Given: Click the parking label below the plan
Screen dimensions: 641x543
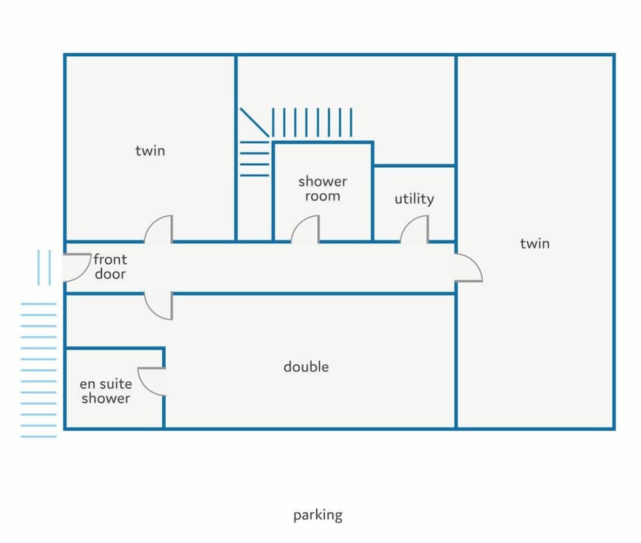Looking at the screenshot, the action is [x=318, y=515].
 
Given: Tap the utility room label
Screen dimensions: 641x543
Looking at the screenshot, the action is [x=414, y=199].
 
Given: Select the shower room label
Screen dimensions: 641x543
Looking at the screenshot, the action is [x=323, y=189].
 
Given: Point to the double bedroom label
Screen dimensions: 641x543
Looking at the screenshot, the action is [x=306, y=366].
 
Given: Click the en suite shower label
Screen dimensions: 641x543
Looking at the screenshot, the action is [x=106, y=391].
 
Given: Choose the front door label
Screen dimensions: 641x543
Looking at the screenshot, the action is [x=110, y=267].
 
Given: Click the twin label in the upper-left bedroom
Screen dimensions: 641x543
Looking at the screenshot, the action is [x=150, y=150].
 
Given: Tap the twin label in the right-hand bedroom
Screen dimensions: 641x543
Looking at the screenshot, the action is [x=535, y=243].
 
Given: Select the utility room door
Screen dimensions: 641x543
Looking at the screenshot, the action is [x=414, y=229].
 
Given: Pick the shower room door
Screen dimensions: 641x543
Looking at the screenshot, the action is [x=305, y=229].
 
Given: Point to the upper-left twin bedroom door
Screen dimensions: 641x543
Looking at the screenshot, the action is [x=158, y=229].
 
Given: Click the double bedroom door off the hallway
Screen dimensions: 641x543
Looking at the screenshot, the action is [x=158, y=306].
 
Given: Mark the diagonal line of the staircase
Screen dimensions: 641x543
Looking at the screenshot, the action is [x=254, y=122].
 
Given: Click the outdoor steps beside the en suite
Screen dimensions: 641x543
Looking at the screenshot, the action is [x=39, y=370].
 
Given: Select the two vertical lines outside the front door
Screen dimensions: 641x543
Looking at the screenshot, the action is [x=44, y=267].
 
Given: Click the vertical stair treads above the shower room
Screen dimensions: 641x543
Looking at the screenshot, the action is [x=312, y=122].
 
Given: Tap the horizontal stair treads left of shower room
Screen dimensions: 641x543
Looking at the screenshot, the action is [x=254, y=158].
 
